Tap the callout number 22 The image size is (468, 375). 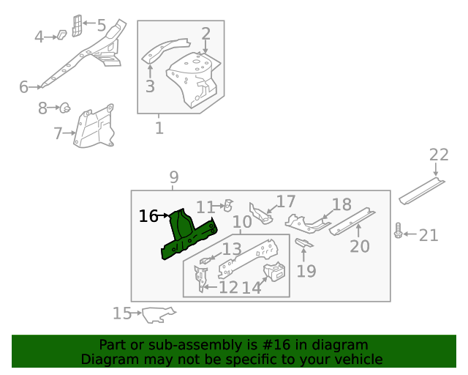pos(439,155)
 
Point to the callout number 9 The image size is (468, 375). pos(174,177)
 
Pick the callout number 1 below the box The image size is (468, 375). pos(159,130)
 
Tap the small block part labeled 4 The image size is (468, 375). pos(62,33)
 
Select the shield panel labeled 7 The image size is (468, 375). pos(94,130)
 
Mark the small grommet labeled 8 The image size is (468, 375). pos(65,109)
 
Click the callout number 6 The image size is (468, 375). pos(24,88)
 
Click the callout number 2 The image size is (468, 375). pos(205,34)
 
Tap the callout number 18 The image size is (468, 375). pos(341,205)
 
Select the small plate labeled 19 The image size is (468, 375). pos(304,243)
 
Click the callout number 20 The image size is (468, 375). pos(360,246)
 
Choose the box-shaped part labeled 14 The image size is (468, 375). pos(273,274)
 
